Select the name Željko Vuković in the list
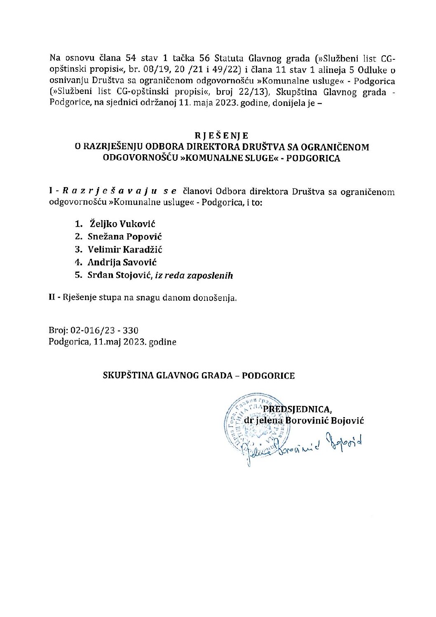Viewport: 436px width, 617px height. (x=122, y=224)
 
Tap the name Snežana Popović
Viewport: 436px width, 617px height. (x=124, y=237)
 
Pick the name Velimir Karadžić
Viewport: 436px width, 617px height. (x=125, y=249)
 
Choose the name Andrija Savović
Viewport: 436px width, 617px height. (x=122, y=262)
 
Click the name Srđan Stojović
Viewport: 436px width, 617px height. (x=120, y=275)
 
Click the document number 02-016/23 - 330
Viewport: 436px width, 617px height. (x=105, y=330)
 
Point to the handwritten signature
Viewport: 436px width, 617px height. (x=301, y=445)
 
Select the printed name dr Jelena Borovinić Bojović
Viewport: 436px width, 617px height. (x=304, y=420)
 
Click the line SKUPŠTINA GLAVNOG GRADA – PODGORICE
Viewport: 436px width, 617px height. (x=199, y=375)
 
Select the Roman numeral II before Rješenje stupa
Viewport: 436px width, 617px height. (x=52, y=297)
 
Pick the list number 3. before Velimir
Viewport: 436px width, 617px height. (x=79, y=249)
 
